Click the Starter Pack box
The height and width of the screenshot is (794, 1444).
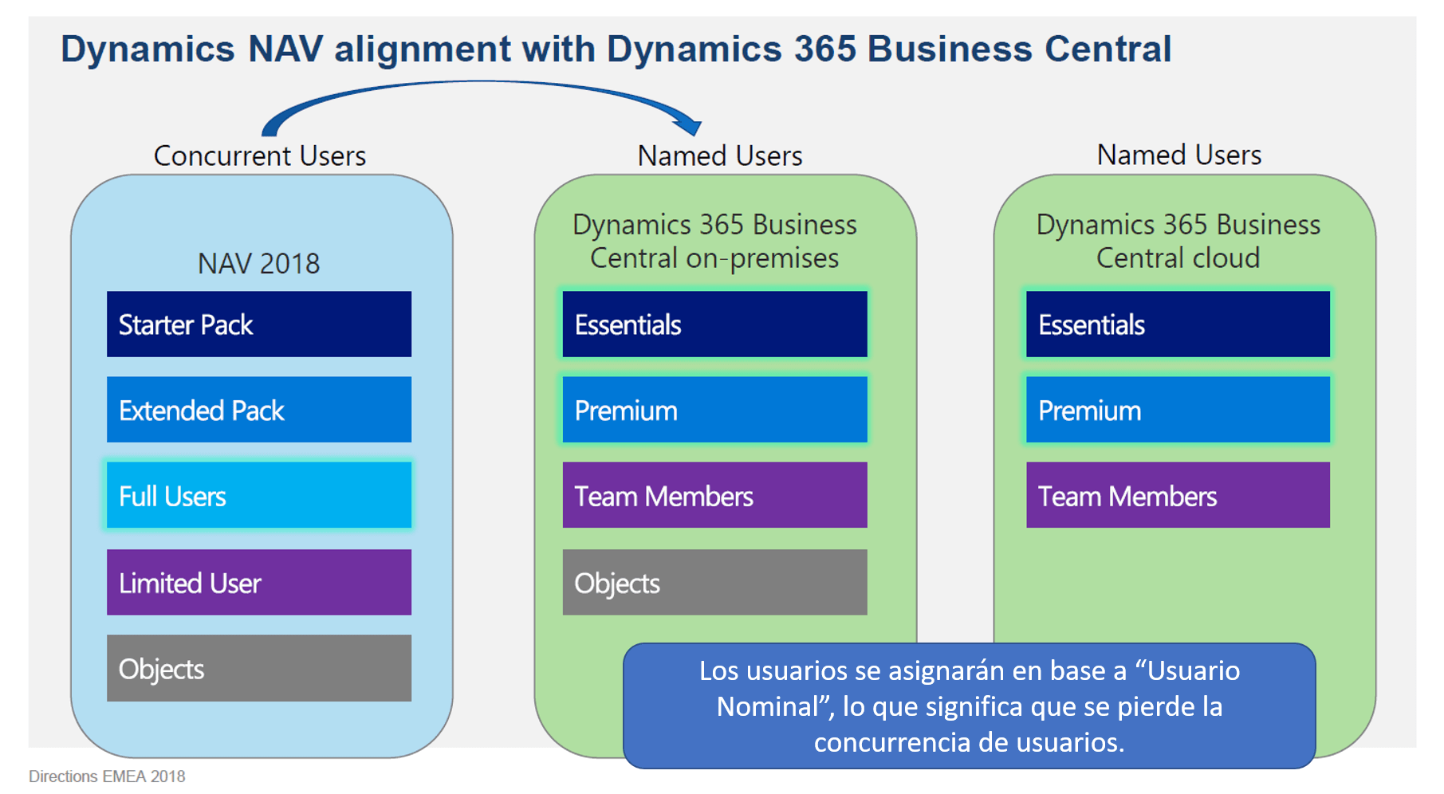coord(259,324)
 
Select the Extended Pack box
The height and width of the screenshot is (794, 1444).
coord(259,410)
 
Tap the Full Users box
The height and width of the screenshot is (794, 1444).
coord(259,495)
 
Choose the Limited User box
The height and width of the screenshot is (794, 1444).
coord(259,582)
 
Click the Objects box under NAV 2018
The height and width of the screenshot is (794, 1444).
coord(259,668)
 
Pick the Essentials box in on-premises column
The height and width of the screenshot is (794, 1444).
coord(714,324)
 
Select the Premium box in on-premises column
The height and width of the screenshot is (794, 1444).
coord(714,410)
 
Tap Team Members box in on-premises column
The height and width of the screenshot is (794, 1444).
coord(714,495)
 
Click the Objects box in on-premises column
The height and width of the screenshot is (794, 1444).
coord(714,582)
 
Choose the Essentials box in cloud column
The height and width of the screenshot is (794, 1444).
coord(1178,324)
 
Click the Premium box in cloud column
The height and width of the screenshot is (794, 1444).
coord(1178,410)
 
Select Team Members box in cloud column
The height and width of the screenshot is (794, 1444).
coord(1178,495)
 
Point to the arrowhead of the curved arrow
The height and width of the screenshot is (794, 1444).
coord(691,126)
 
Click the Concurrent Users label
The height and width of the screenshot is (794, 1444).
coord(259,155)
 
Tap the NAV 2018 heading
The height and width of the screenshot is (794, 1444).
coord(258,264)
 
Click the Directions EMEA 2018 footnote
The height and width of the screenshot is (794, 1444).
coord(107,776)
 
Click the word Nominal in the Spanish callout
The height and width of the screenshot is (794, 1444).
coord(767,706)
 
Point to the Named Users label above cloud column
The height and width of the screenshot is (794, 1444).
coord(1178,155)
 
